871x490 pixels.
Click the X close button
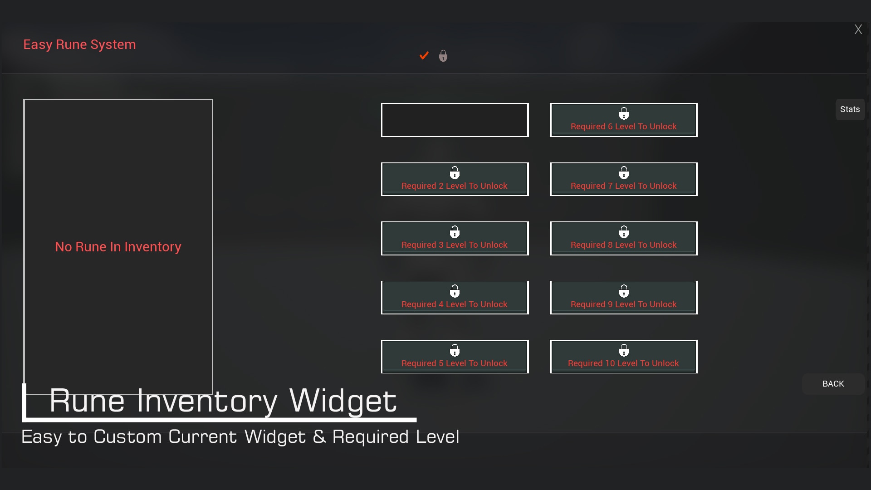[858, 30]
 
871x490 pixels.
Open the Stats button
[850, 109]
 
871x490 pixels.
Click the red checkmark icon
[424, 56]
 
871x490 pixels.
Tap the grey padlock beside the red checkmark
[443, 56]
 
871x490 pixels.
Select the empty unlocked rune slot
[455, 120]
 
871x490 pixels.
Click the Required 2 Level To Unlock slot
[455, 179]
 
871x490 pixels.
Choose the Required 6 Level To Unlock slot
[623, 120]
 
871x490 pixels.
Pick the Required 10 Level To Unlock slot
[623, 357]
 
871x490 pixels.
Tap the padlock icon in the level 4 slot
[455, 291]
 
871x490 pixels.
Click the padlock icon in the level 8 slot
[624, 232]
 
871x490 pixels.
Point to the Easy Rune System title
[79, 44]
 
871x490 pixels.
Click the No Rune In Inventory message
[118, 247]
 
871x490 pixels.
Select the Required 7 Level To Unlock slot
[623, 179]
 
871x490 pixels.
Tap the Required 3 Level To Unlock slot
[455, 238]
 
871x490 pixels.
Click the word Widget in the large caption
[343, 401]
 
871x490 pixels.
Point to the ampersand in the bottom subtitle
[319, 437]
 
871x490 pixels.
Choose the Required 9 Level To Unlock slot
[623, 298]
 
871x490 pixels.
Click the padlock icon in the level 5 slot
[455, 350]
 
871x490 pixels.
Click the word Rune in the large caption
[87, 401]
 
